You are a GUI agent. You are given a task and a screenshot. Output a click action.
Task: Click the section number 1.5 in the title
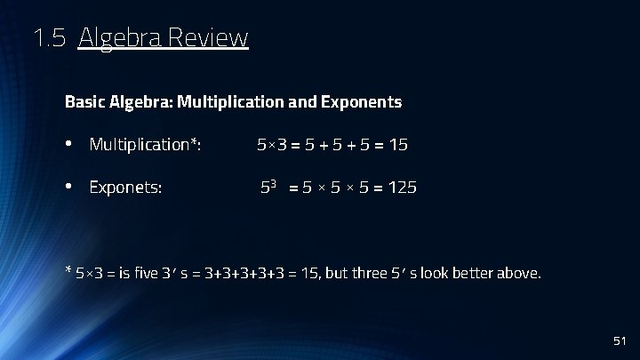[x=49, y=38]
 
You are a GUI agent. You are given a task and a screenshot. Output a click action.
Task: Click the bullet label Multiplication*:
[x=145, y=144]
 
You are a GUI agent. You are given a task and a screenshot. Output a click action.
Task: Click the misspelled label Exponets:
[x=125, y=188]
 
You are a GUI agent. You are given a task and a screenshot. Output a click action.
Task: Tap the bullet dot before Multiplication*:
[x=69, y=144]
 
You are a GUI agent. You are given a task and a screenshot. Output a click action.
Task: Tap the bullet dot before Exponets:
[x=69, y=188]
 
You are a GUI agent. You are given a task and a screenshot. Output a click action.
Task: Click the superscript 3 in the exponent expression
[x=274, y=184]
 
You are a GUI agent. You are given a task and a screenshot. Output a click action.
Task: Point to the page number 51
[x=620, y=341]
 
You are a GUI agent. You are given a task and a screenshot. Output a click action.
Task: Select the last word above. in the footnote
[x=521, y=273]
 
